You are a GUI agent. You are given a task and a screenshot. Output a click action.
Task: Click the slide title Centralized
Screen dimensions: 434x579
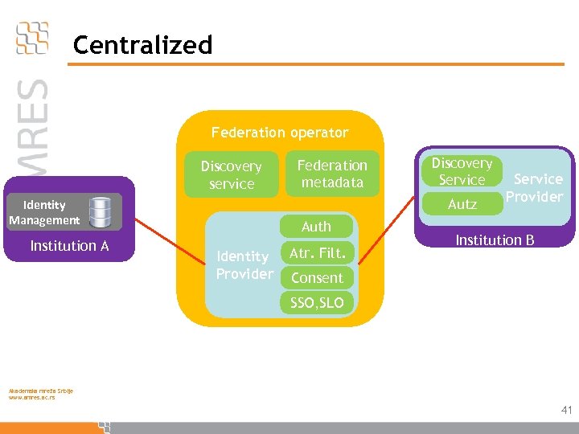142,45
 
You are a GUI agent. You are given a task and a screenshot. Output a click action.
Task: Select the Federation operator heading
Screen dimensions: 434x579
280,133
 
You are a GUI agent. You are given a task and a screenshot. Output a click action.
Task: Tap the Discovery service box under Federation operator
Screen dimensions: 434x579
232,174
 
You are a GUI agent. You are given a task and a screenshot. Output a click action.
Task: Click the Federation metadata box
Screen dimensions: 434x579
332,174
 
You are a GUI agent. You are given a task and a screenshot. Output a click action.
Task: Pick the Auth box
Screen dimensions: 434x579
316,227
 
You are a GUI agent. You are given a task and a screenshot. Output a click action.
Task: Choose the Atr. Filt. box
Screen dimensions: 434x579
317,253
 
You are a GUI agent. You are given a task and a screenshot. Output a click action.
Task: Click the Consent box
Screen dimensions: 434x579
317,278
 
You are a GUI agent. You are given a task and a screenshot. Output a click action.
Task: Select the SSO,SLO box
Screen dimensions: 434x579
317,303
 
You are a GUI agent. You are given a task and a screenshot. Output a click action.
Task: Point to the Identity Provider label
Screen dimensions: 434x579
244,265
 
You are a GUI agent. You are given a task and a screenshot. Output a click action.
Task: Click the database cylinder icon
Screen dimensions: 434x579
101,211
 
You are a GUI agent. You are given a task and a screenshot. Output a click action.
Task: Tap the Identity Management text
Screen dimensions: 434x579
44,212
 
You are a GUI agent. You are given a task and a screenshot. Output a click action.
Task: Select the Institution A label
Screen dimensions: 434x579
69,246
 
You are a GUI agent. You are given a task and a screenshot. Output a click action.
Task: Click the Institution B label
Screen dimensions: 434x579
495,240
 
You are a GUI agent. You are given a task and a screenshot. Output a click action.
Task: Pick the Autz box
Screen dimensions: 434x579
462,205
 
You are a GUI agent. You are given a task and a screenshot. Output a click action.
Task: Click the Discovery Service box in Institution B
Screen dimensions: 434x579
462,171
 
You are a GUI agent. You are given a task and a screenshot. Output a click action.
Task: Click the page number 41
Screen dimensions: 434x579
566,410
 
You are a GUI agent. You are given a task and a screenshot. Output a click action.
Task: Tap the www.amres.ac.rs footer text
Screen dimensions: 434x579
32,398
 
